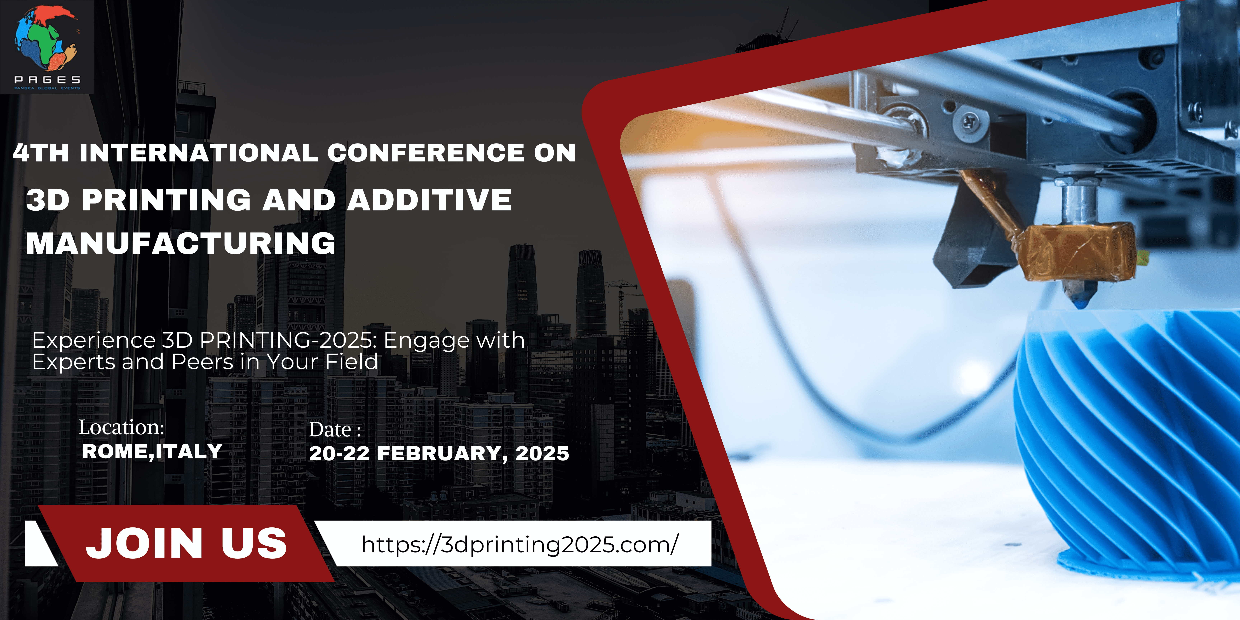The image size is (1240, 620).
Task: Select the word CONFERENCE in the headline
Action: [x=426, y=153]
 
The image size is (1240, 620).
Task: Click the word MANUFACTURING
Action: [x=180, y=243]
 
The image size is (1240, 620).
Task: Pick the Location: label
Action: [x=121, y=427]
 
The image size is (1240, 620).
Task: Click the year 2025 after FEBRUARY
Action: [x=542, y=454]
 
